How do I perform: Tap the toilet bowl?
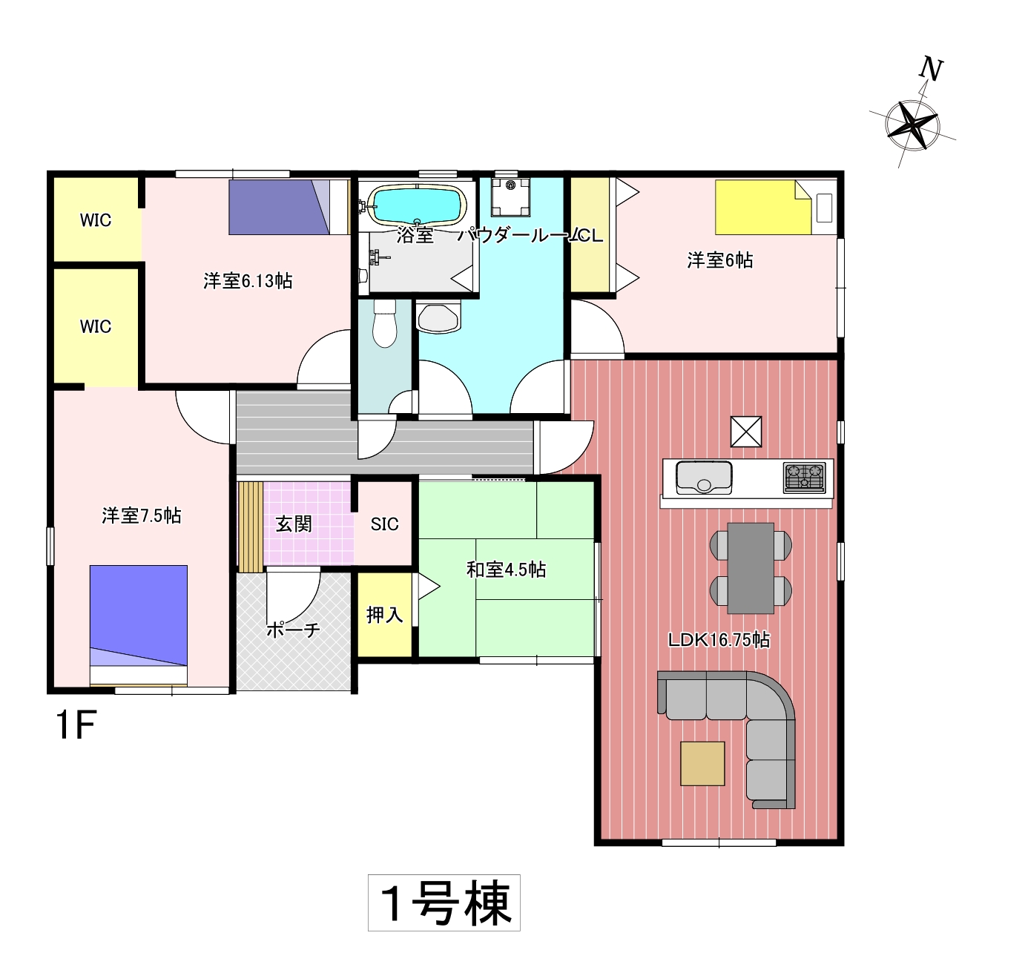[x=385, y=323]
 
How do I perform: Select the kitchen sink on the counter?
[x=703, y=478]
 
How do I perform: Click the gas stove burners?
[x=804, y=478]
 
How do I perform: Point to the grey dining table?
[x=751, y=568]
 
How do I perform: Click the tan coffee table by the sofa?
[x=702, y=764]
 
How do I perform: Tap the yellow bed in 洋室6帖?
[x=762, y=208]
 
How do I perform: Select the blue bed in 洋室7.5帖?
[x=138, y=625]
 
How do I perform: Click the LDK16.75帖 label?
[x=719, y=640]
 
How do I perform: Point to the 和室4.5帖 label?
[x=506, y=570]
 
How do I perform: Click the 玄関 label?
[x=294, y=524]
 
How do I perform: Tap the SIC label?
[x=385, y=524]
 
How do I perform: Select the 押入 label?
[x=385, y=615]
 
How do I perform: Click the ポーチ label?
[x=293, y=630]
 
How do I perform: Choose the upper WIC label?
[x=96, y=220]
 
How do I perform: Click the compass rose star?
[x=912, y=125]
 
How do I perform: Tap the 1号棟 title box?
[x=444, y=903]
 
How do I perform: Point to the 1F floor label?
[x=76, y=726]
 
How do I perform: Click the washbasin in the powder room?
[x=438, y=316]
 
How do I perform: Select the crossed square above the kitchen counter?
[x=746, y=432]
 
